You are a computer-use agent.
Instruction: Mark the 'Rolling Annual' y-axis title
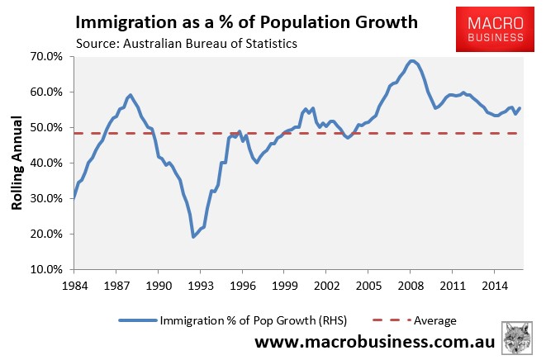17,162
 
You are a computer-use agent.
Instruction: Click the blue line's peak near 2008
412,60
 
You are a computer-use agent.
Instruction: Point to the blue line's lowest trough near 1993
193,237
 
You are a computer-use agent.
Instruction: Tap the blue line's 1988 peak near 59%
130,95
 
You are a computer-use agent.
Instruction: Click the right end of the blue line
520,108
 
